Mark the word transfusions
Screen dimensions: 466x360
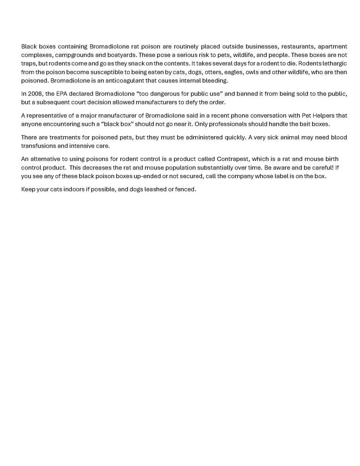[x=40, y=146]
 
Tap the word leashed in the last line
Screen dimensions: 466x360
[x=151, y=189]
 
